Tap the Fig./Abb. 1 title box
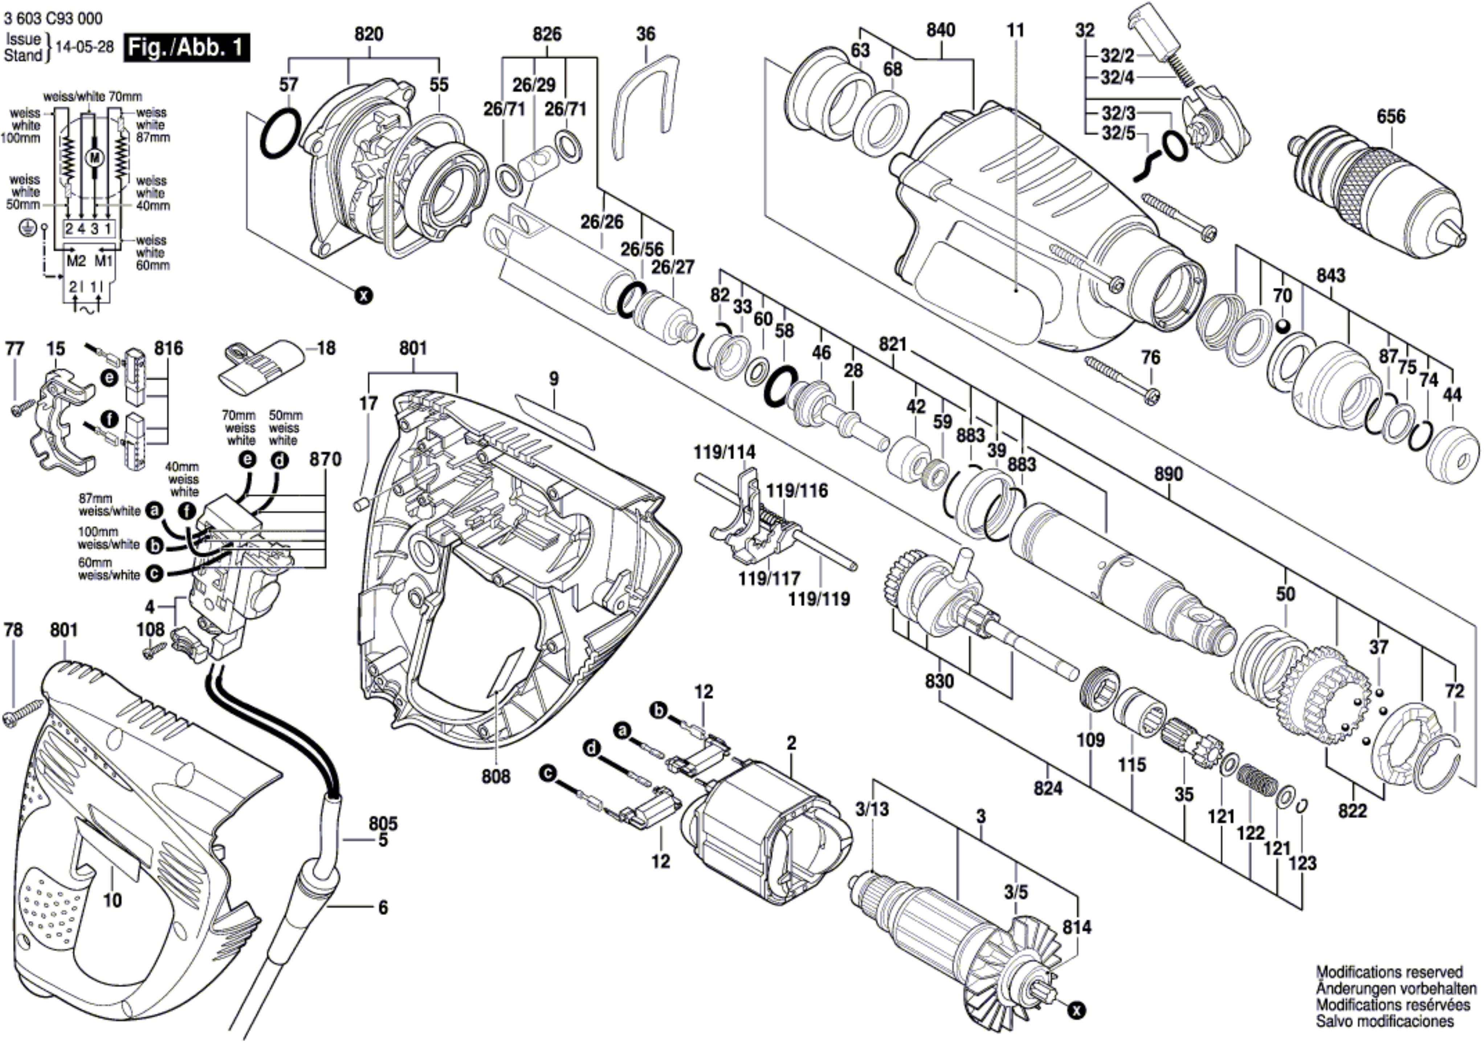click(187, 48)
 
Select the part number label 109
click(1090, 740)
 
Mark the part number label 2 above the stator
click(791, 743)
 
